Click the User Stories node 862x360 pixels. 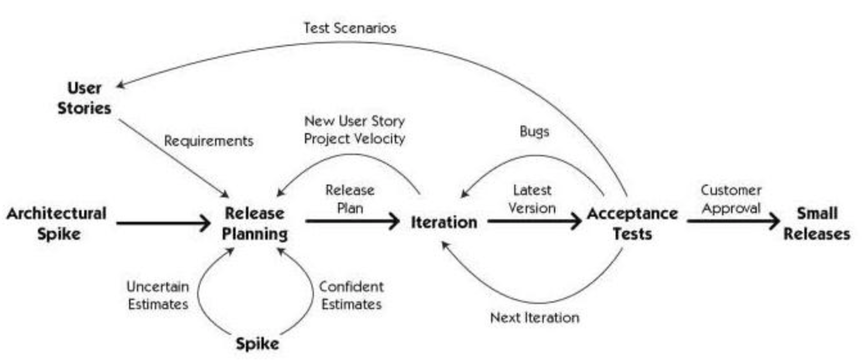point(84,98)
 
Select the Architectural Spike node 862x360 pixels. point(57,223)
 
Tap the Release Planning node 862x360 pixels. point(255,223)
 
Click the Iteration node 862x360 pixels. point(444,222)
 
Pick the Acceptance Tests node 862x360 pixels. point(632,223)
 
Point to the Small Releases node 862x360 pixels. point(817,223)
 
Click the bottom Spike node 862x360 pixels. point(257,344)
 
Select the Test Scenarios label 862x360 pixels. point(349,28)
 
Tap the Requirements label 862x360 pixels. point(208,141)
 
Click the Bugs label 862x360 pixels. point(534,131)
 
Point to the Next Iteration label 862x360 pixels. point(535,317)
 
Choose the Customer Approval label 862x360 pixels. point(731,199)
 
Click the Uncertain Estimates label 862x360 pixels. point(158,295)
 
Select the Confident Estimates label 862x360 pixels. point(352,295)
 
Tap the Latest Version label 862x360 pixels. point(532,199)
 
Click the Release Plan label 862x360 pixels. point(350,199)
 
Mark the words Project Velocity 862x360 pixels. point(355,139)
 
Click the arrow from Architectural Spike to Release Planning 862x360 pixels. point(163,223)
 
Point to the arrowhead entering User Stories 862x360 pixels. point(121,85)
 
